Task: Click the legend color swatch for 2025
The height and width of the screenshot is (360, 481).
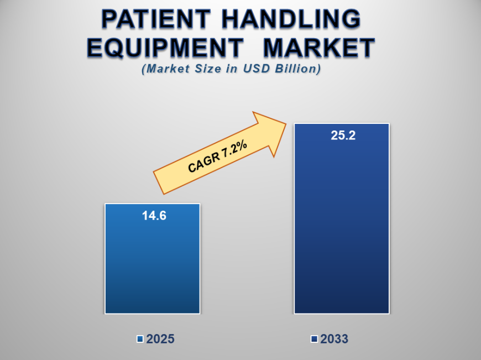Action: point(140,339)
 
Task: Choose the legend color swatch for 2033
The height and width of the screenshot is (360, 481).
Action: point(314,339)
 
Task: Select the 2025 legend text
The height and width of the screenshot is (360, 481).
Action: point(160,339)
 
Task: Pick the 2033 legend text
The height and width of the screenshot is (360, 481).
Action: point(334,339)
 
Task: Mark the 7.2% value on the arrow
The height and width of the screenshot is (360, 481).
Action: point(234,148)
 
